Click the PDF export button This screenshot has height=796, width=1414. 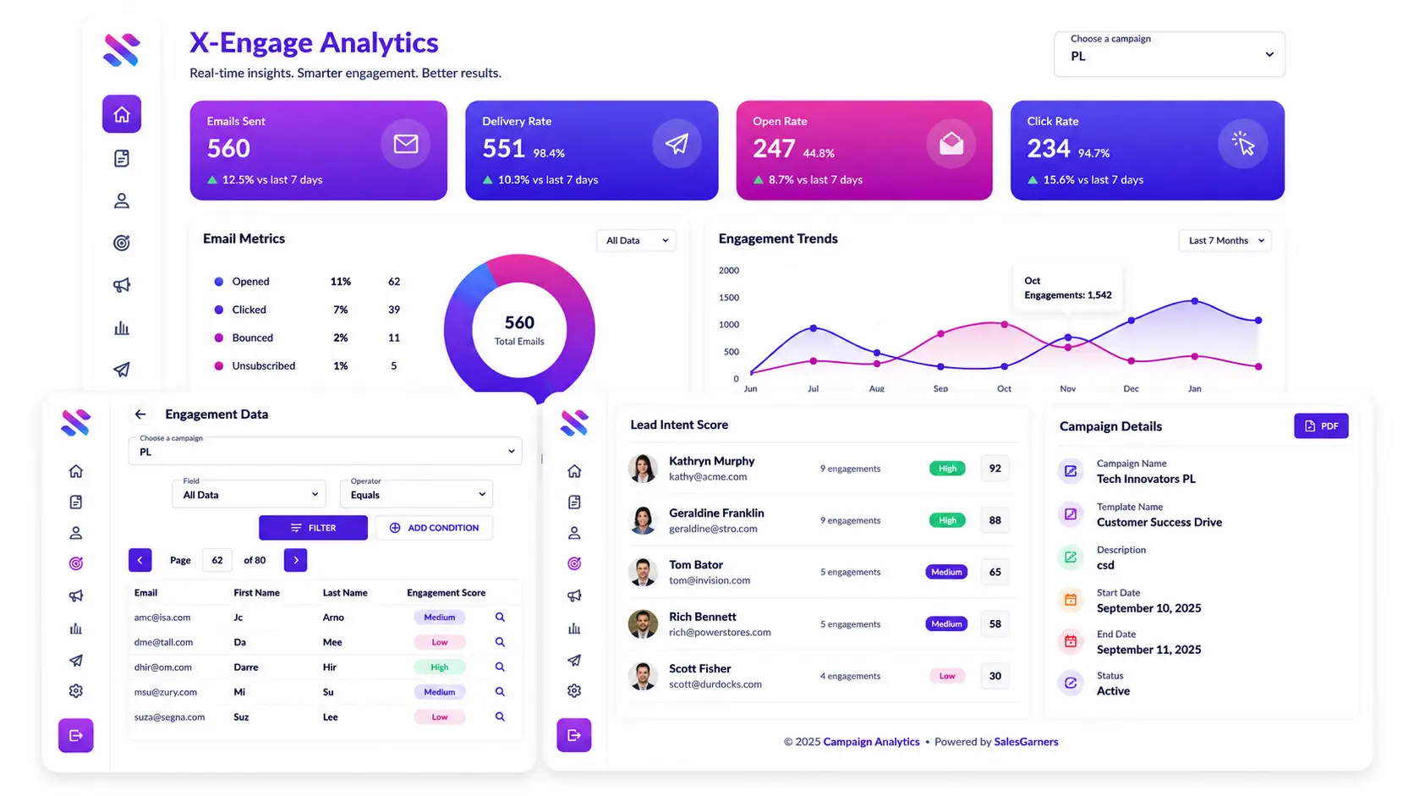tap(1321, 426)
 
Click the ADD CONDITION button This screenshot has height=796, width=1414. tap(434, 528)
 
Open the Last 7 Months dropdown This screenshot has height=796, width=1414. tap(1225, 240)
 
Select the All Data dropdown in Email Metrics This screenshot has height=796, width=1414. tap(636, 240)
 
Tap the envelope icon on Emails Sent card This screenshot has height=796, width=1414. tap(405, 144)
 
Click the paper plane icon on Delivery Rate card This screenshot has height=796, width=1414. tap(677, 144)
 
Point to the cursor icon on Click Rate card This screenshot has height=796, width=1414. tap(1243, 144)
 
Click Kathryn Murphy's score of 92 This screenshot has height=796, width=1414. tap(995, 469)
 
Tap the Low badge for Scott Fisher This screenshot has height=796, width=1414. tap(947, 676)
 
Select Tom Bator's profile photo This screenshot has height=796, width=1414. tap(643, 572)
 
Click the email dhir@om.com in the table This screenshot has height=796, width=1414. tap(163, 667)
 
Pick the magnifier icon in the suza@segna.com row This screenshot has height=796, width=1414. tap(500, 717)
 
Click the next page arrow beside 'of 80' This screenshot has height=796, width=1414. tap(295, 560)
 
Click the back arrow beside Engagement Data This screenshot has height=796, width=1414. tap(140, 414)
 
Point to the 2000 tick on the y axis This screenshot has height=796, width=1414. tap(728, 270)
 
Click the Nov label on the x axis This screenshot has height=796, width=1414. tap(1067, 389)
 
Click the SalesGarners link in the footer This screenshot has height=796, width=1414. tap(1026, 742)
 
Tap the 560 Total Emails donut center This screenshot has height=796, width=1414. tap(519, 330)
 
